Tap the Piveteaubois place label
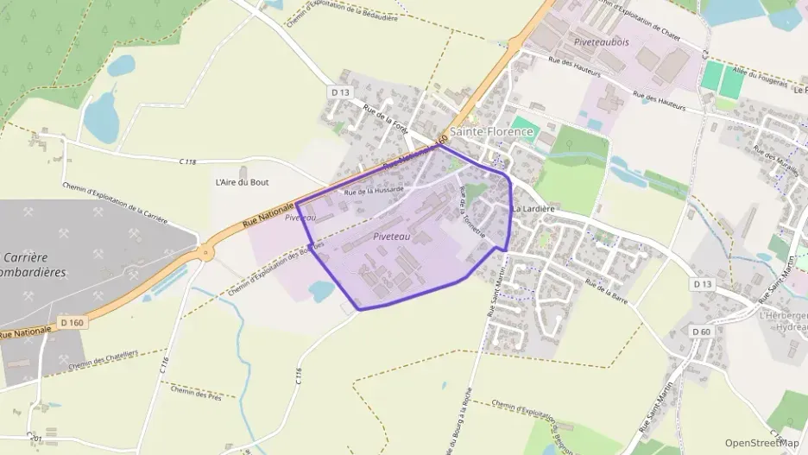(x=601, y=41)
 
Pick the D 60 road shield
(x=700, y=332)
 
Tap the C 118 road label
(x=188, y=161)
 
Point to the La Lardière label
(x=533, y=209)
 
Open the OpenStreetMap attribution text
(x=761, y=443)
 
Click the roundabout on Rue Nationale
(x=205, y=253)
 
